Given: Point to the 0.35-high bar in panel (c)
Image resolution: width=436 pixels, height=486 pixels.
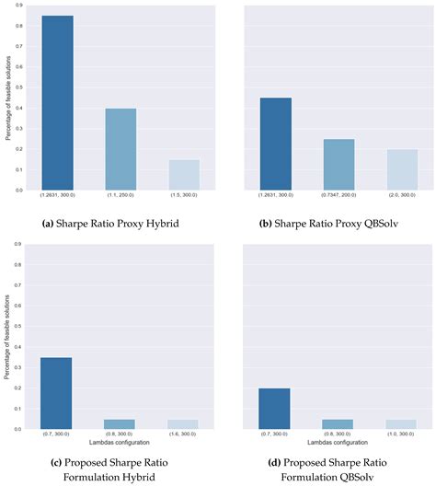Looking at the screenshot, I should [57, 390].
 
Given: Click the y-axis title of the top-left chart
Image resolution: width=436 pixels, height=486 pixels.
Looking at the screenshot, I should [6, 97].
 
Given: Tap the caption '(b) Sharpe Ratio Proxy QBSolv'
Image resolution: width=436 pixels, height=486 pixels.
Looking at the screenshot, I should [337, 222].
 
